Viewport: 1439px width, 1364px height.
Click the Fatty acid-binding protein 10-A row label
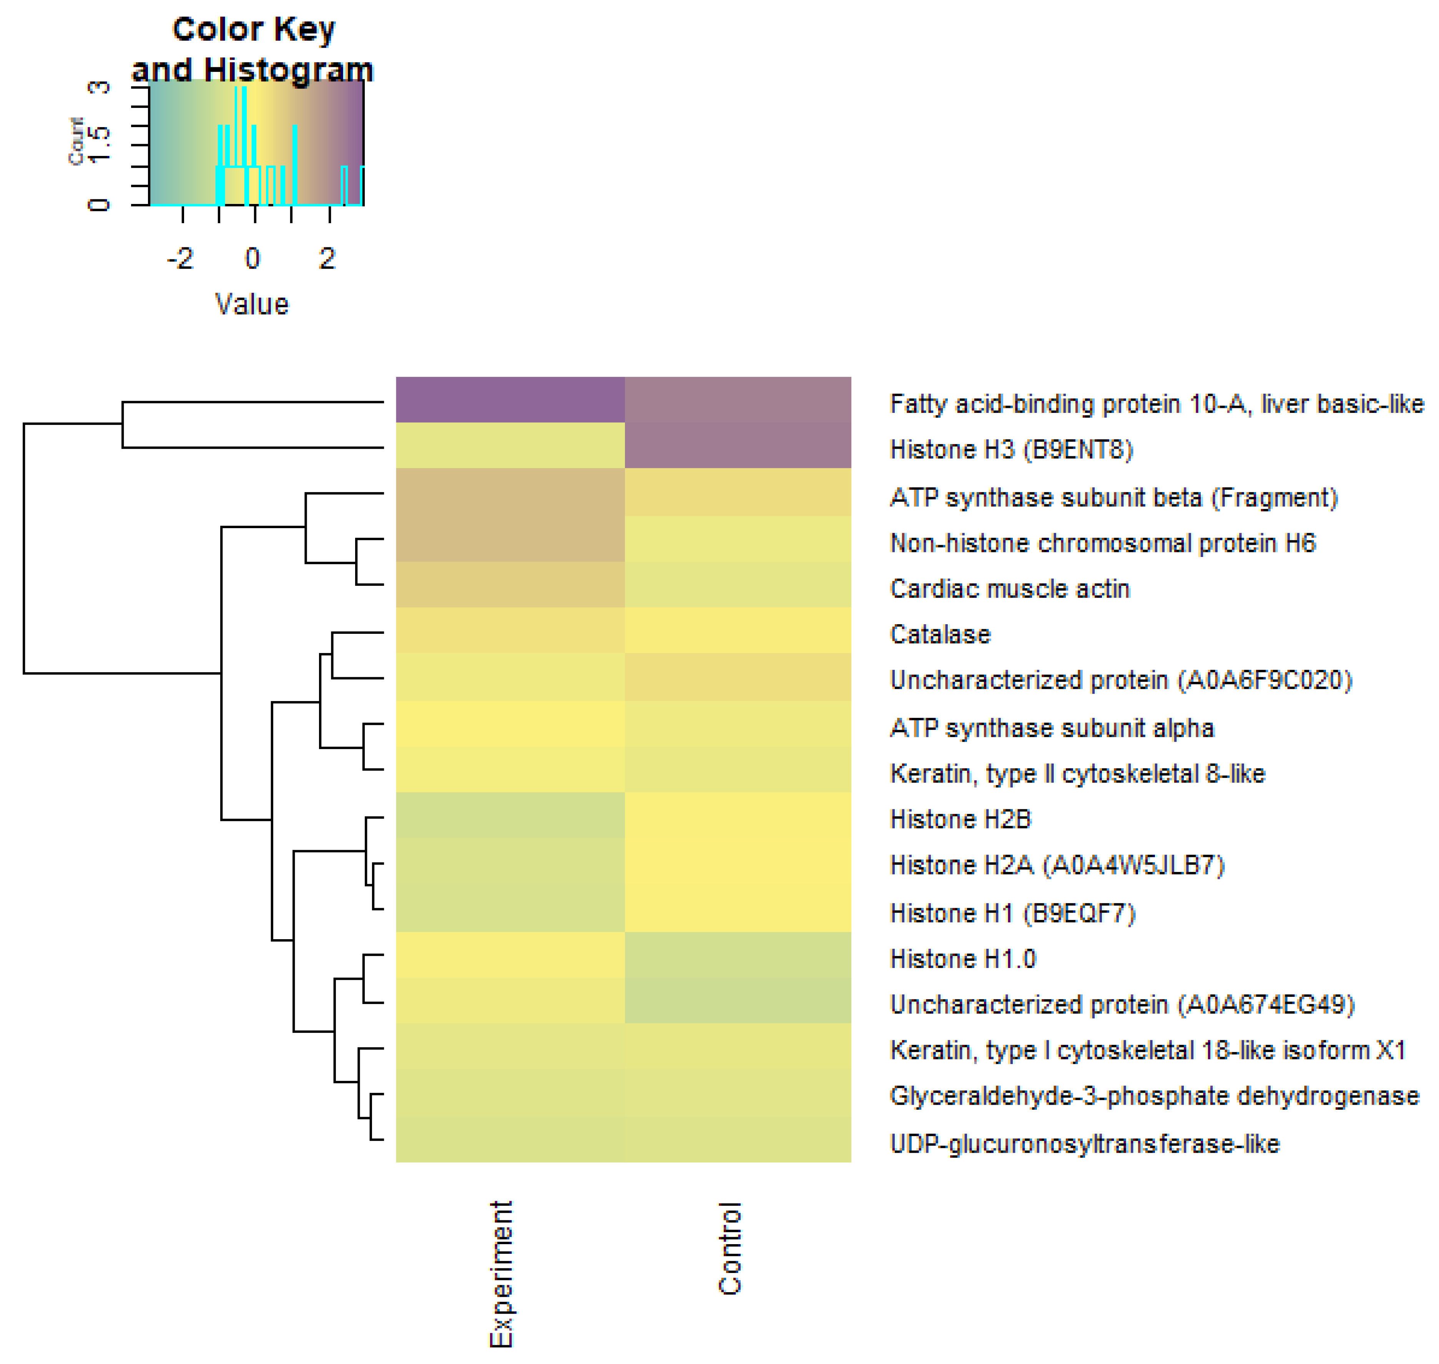pos(1156,404)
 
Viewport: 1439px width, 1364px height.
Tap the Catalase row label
pos(940,634)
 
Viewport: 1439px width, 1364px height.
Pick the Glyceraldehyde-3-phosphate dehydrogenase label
pos(1154,1096)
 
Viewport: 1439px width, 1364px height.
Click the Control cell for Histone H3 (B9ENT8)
pos(738,445)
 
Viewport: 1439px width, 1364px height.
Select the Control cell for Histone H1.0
pos(738,955)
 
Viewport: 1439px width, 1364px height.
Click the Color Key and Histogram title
pos(253,50)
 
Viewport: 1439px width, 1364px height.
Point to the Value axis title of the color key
pos(252,304)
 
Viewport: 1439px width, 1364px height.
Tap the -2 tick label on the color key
pos(180,258)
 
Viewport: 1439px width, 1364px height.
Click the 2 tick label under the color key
pos(327,258)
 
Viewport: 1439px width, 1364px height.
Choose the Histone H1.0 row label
pos(962,959)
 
